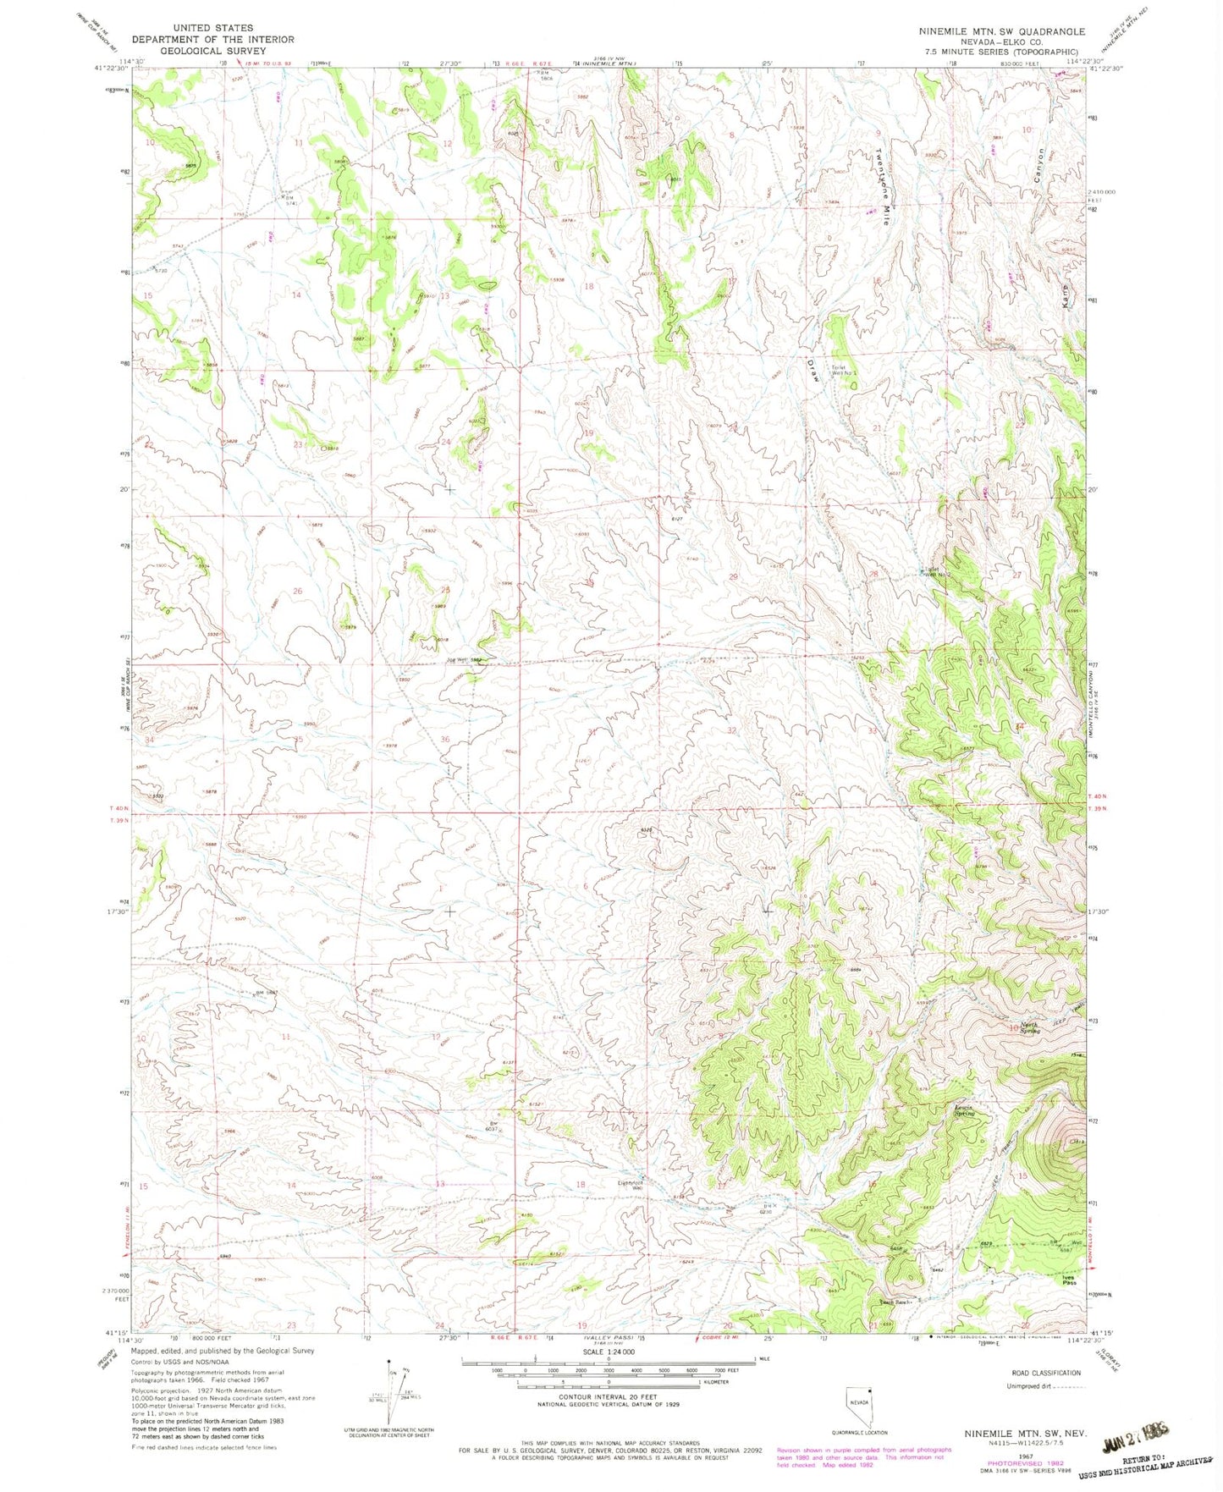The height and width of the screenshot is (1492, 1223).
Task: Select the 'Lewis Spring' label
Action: [965, 1111]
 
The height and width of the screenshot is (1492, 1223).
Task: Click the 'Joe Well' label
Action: [464, 659]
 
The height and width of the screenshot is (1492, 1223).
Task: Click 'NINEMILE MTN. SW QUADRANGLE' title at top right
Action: [1001, 31]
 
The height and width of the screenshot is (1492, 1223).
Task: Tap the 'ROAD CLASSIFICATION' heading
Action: [1046, 1373]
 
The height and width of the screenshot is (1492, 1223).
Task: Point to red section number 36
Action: [445, 739]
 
